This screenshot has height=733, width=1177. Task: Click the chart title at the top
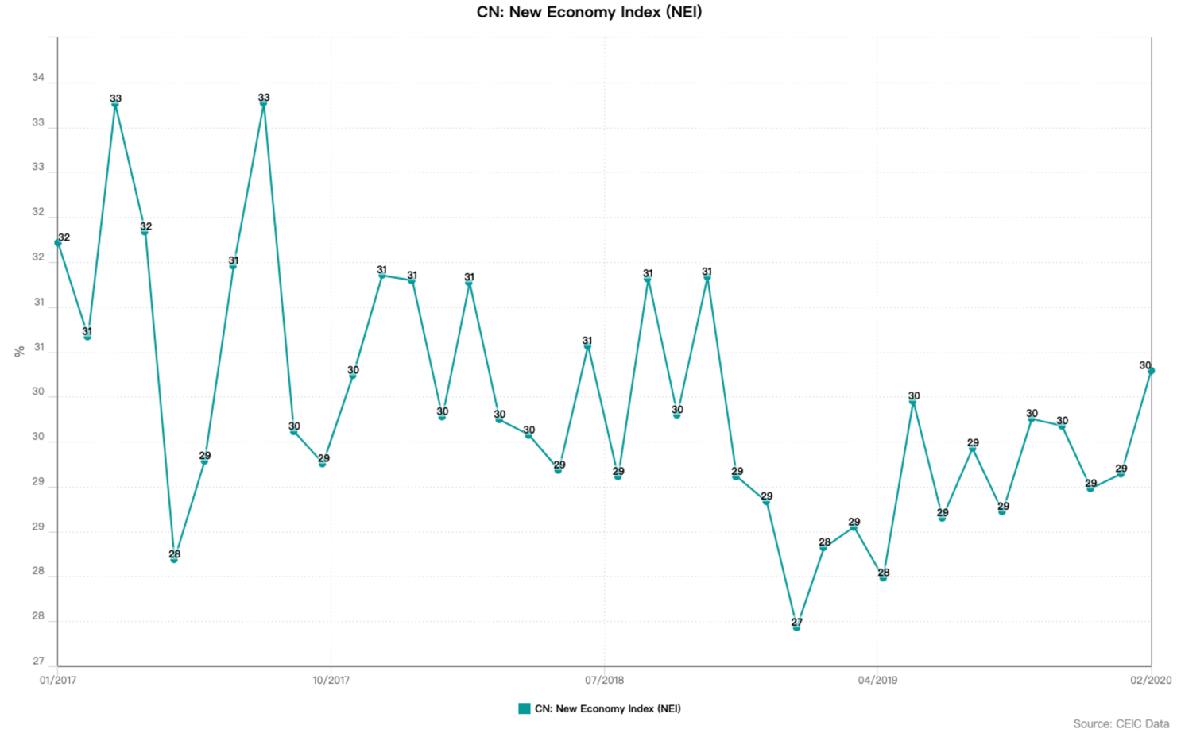pyautogui.click(x=589, y=12)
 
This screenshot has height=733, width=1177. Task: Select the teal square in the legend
pyautogui.click(x=524, y=708)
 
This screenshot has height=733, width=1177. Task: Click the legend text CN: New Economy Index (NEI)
pyautogui.click(x=607, y=708)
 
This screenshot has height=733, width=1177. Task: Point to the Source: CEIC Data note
pyautogui.click(x=1121, y=723)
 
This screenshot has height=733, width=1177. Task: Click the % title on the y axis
pyautogui.click(x=19, y=351)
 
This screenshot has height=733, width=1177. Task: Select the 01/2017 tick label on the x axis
pyautogui.click(x=58, y=680)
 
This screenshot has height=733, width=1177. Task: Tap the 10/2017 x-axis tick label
pyautogui.click(x=331, y=680)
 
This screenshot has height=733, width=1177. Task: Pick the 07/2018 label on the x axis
pyautogui.click(x=604, y=680)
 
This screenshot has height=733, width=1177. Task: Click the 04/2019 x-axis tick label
pyautogui.click(x=877, y=680)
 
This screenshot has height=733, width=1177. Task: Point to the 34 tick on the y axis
pyautogui.click(x=38, y=78)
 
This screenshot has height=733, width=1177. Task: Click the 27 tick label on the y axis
pyautogui.click(x=38, y=661)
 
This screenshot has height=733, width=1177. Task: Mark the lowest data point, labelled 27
pyautogui.click(x=796, y=627)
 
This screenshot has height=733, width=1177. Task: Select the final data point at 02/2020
pyautogui.click(x=1151, y=371)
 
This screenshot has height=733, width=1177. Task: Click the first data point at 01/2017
pyautogui.click(x=58, y=243)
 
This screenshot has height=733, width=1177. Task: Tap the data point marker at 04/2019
pyautogui.click(x=883, y=577)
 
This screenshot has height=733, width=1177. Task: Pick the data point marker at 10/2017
pyautogui.click(x=323, y=464)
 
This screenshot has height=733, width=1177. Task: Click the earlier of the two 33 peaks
pyautogui.click(x=115, y=104)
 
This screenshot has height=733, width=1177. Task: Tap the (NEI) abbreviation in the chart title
pyautogui.click(x=684, y=13)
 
